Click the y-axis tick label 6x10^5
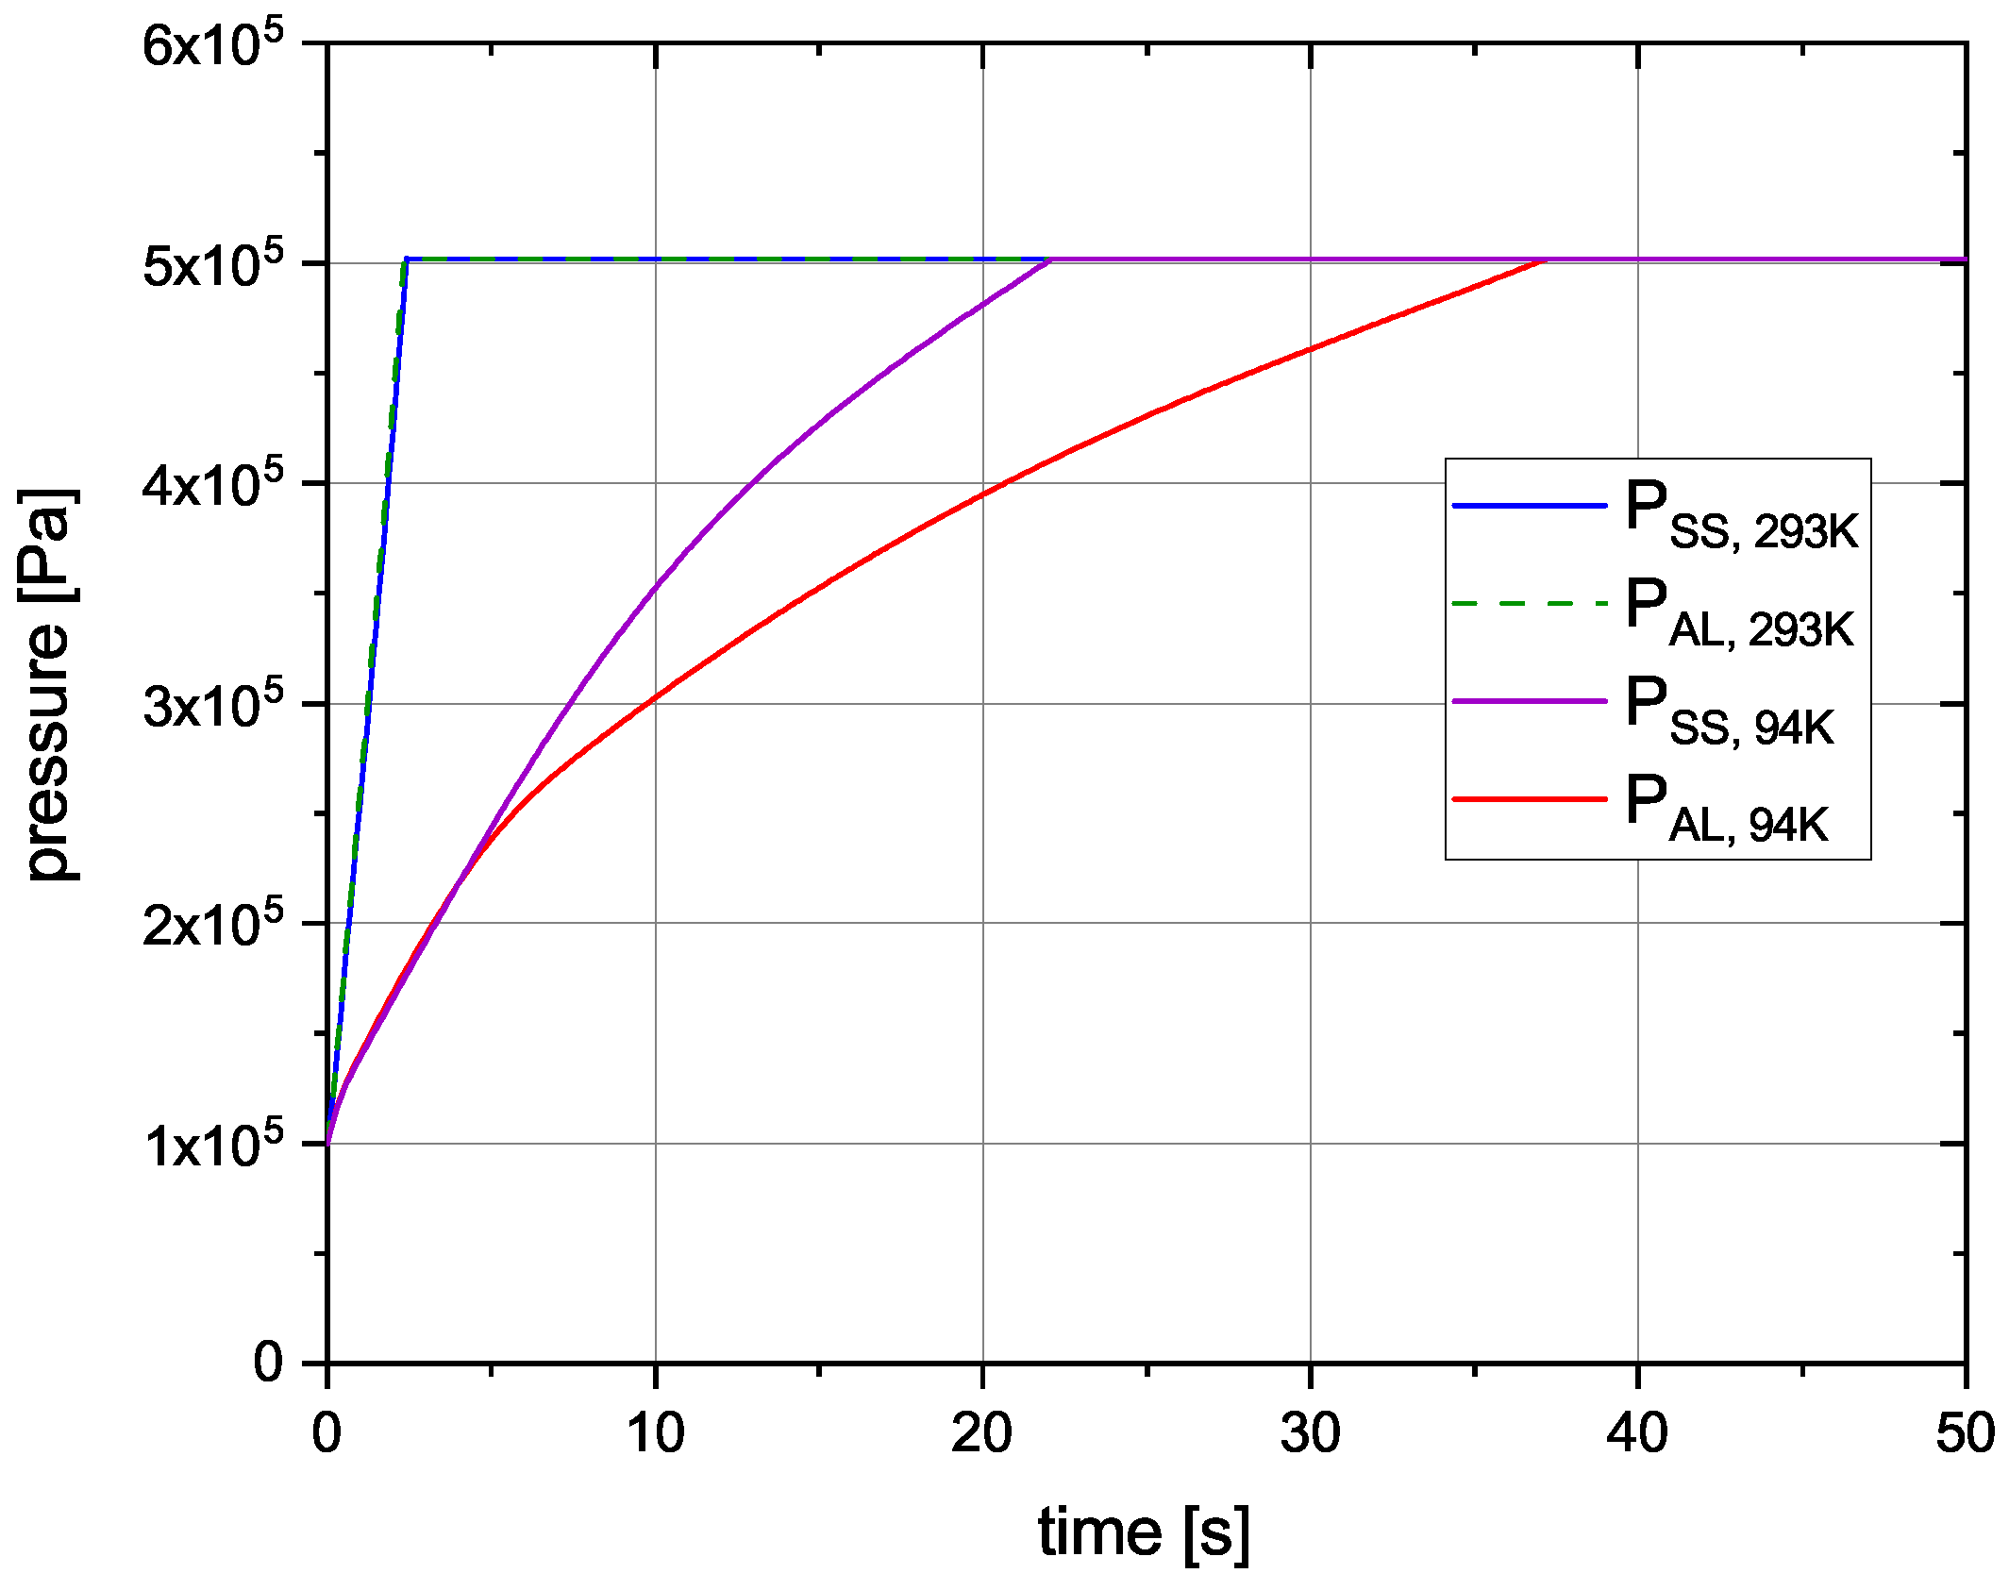point(212,44)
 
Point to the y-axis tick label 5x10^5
point(212,265)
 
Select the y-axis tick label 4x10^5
point(212,485)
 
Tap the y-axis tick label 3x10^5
point(212,705)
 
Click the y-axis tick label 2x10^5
point(212,925)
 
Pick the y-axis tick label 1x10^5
point(212,1145)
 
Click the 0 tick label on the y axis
point(268,1363)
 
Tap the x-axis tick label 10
point(655,1432)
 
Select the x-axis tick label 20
point(981,1432)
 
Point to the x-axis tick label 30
point(1310,1432)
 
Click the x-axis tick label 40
point(1637,1432)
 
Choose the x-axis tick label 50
point(1965,1432)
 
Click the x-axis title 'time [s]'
point(1144,1531)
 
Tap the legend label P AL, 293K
point(1739,613)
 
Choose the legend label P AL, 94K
point(1726,809)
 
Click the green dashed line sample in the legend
point(1529,603)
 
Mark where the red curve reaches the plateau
point(1544,259)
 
